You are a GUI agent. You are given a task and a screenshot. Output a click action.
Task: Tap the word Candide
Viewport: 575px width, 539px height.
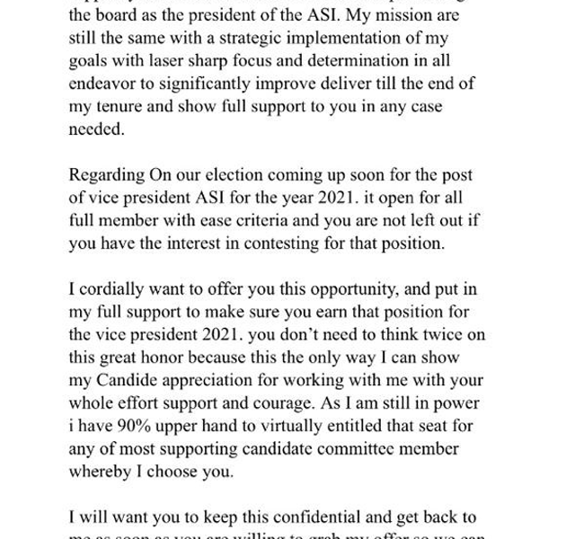(x=125, y=380)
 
